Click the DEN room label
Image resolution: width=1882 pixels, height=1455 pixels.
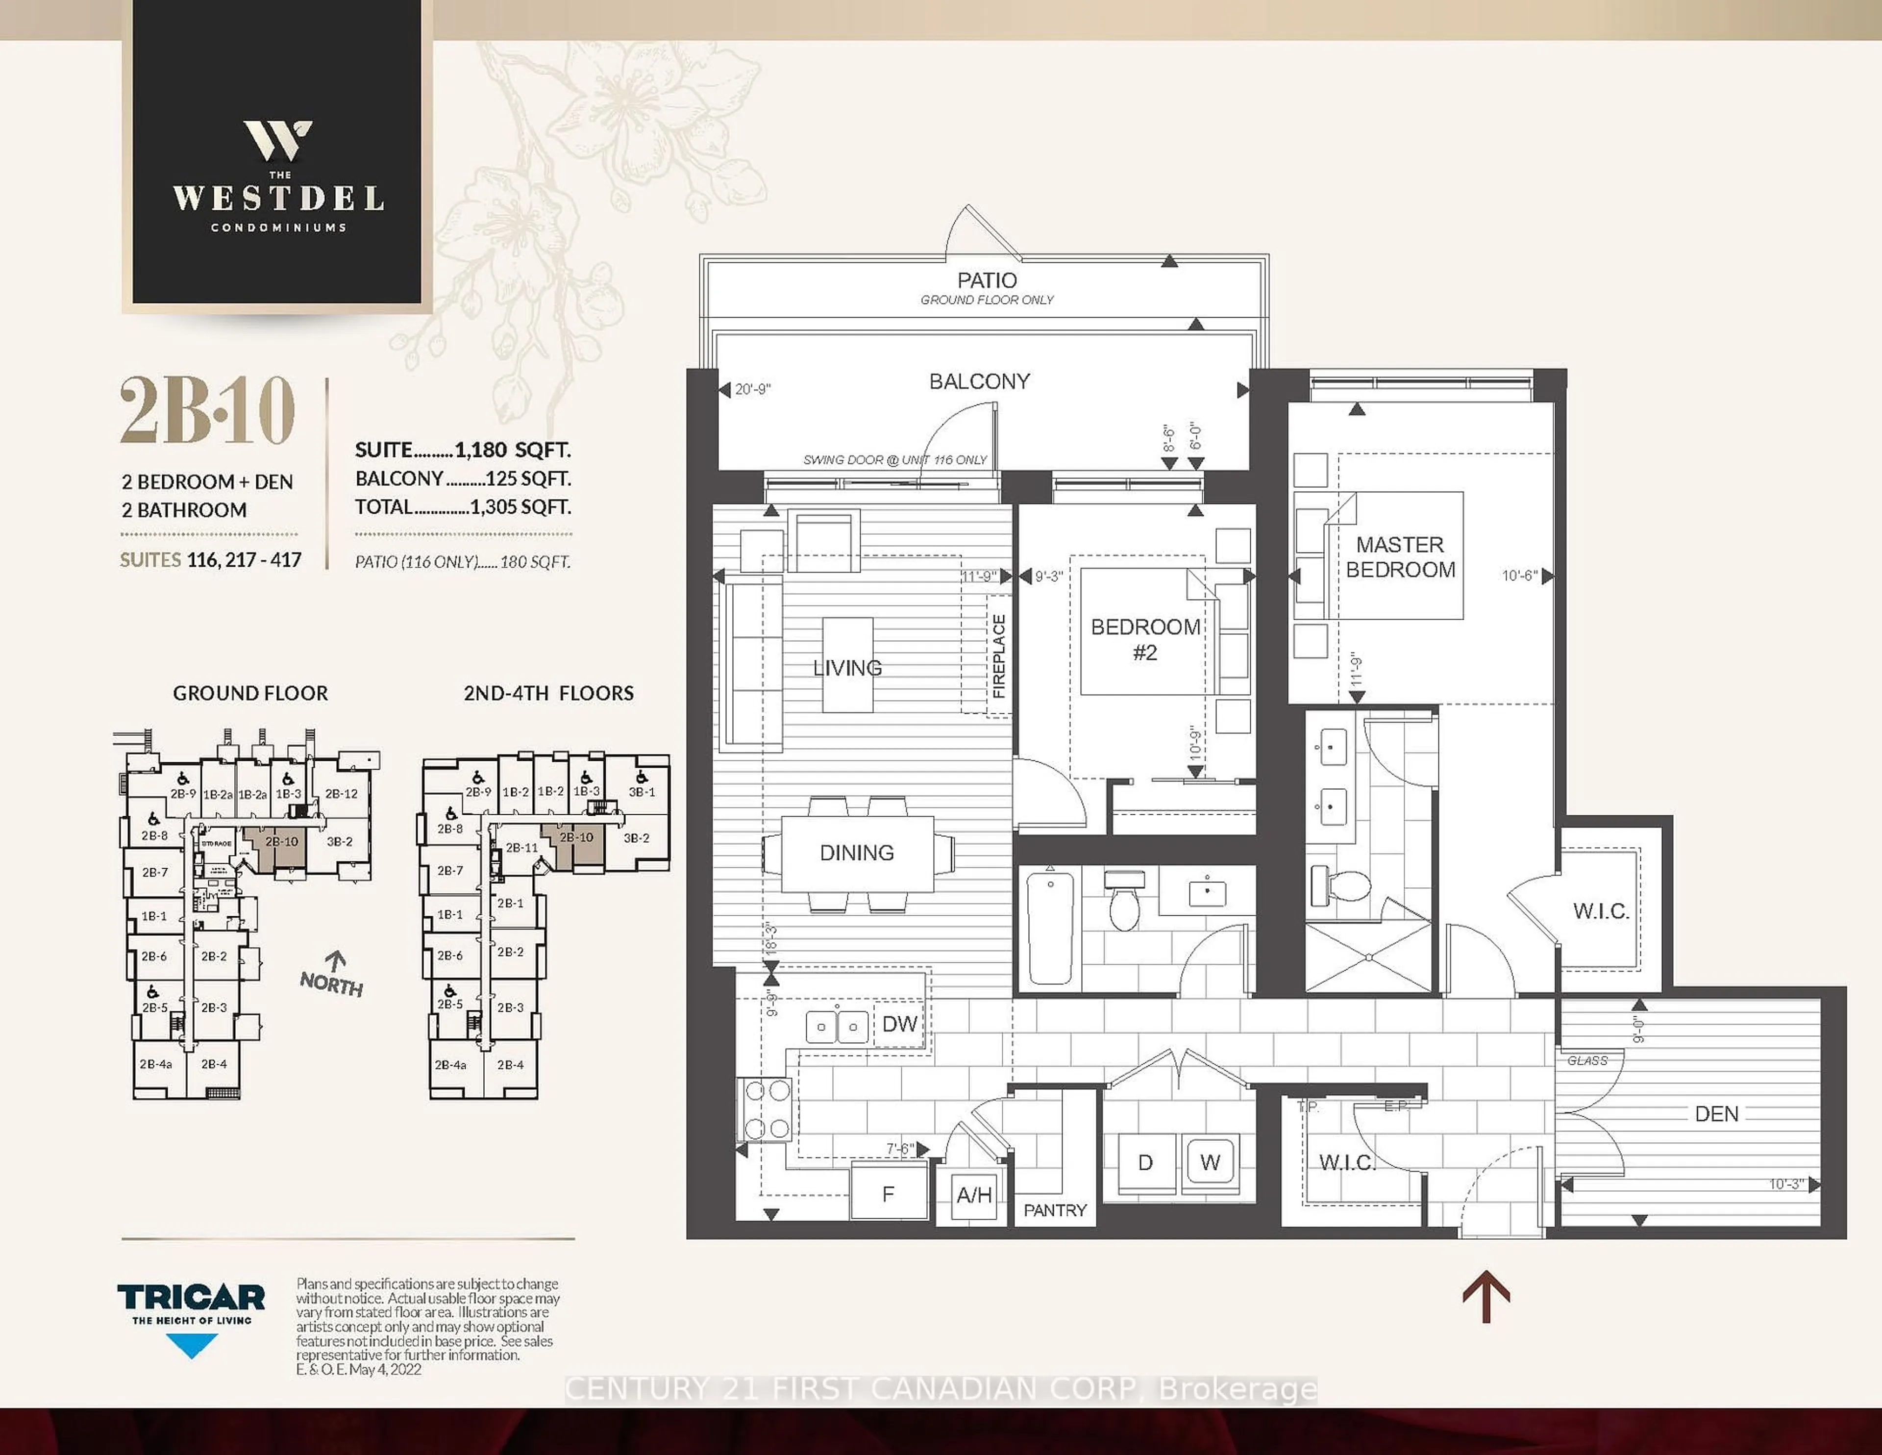tap(1716, 1114)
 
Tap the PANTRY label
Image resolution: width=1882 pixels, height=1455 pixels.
tap(1055, 1210)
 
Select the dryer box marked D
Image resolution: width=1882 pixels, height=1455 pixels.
tap(1145, 1163)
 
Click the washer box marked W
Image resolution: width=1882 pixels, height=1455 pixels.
tap(1210, 1163)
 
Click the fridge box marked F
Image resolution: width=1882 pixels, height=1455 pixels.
tap(889, 1194)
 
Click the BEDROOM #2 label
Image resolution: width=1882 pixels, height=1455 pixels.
tap(1145, 639)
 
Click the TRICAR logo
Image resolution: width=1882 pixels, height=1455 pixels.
tap(191, 1297)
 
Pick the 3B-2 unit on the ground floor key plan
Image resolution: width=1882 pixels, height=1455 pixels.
tap(340, 841)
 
